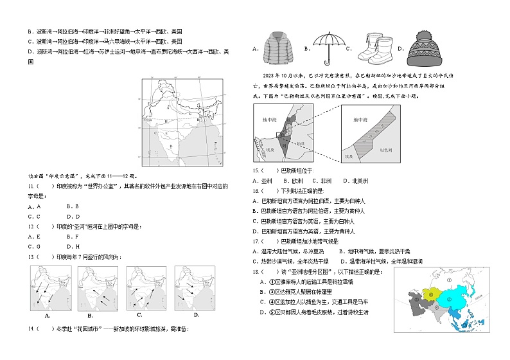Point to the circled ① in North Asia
pyautogui.click(x=449, y=280)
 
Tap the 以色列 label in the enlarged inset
pyautogui.click(x=386, y=149)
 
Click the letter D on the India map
pyautogui.click(x=171, y=147)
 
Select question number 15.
pyautogui.click(x=256, y=170)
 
